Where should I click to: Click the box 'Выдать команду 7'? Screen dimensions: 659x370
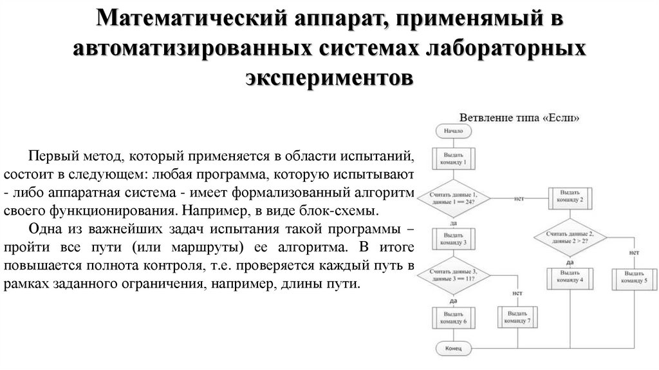tap(518, 316)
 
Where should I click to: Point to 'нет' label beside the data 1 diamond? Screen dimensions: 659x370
tap(519, 199)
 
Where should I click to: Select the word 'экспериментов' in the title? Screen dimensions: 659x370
tap(329, 77)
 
